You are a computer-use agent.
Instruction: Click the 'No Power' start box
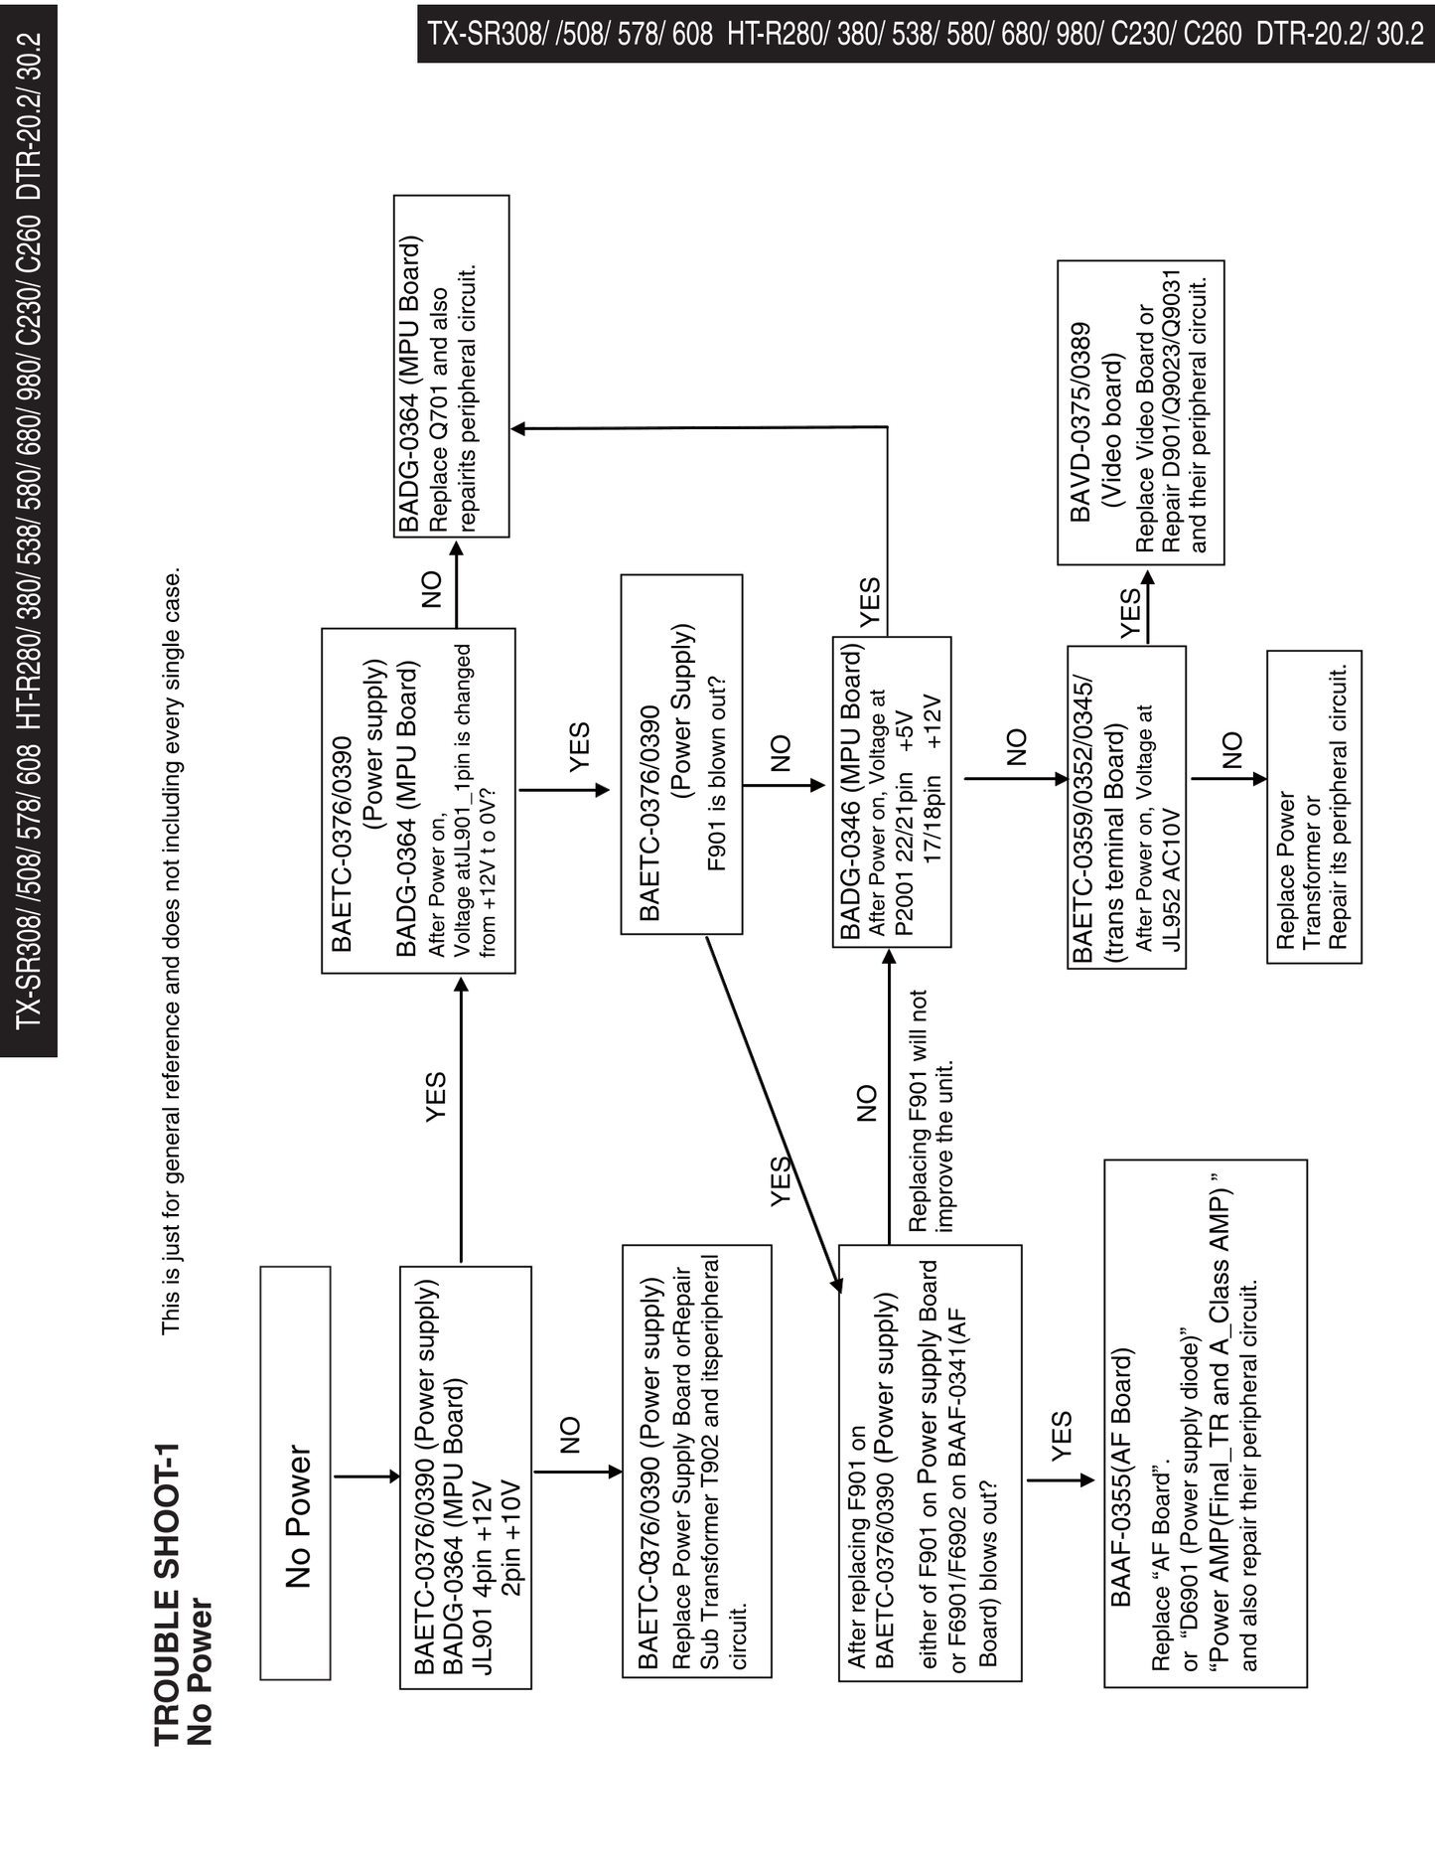[x=295, y=1473]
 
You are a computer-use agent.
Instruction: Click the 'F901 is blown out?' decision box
[x=681, y=754]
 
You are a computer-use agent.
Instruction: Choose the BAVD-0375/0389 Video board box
[x=1140, y=412]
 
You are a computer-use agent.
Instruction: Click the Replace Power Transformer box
[x=1314, y=807]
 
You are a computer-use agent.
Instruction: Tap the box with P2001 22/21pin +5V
[x=891, y=792]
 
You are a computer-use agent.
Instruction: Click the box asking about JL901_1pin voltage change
[x=418, y=801]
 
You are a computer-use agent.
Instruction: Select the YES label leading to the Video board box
[x=1130, y=614]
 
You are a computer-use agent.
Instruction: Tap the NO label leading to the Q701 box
[x=432, y=589]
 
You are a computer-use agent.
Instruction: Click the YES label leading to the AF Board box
[x=1061, y=1436]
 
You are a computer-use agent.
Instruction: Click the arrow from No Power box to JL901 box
[x=364, y=1476]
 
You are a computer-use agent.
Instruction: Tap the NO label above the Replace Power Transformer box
[x=1231, y=750]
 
